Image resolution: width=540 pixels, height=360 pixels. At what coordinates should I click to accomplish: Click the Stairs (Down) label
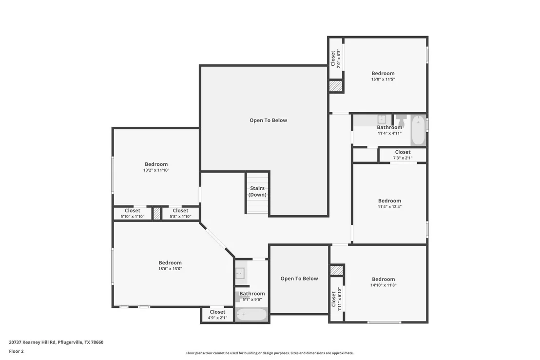tap(257, 191)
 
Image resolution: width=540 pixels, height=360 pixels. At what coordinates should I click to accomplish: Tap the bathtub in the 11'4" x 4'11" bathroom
tap(419, 130)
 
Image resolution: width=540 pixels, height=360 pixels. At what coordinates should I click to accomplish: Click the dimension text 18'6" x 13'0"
tap(170, 269)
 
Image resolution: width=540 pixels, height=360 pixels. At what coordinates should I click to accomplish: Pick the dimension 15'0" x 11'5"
tap(383, 80)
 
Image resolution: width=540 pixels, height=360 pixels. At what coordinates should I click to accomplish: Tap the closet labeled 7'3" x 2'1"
tap(403, 155)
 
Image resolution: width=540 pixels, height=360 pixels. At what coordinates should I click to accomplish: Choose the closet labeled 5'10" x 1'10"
tap(133, 214)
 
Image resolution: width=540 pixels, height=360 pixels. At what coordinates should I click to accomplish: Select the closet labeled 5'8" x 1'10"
tap(180, 214)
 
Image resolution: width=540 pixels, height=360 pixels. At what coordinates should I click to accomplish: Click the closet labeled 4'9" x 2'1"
tap(217, 315)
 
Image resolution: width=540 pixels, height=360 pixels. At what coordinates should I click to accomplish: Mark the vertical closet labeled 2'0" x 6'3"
tap(336, 58)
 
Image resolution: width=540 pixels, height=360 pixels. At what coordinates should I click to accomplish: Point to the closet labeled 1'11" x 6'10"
tap(336, 299)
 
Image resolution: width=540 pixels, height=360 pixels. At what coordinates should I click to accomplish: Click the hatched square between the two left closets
tap(157, 214)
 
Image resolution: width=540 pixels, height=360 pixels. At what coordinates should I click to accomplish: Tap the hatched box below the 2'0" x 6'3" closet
tap(336, 86)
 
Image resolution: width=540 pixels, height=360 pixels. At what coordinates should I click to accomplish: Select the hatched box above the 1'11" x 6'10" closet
tap(336, 270)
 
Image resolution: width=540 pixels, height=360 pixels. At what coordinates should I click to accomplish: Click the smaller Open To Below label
tap(299, 279)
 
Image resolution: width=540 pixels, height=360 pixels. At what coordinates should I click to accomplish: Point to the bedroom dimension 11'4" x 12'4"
tap(389, 207)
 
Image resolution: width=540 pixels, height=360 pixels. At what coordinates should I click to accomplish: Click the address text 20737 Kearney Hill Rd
tap(32, 342)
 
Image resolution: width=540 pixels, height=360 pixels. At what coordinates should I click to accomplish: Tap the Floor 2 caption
tap(16, 351)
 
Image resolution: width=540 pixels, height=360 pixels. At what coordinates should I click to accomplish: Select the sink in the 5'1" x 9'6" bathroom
tap(240, 273)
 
